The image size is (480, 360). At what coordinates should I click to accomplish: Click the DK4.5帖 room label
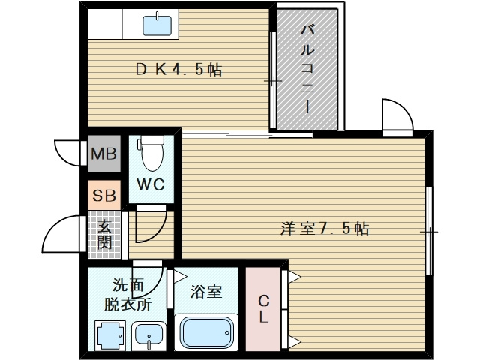point(178,70)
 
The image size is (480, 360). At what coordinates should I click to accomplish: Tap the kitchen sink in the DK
point(157,25)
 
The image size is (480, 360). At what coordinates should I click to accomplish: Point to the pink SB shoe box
point(103,196)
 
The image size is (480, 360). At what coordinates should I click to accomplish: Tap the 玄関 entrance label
point(103,233)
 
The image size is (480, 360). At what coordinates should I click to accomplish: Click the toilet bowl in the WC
point(151,154)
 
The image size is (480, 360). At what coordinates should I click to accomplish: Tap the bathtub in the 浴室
point(208,331)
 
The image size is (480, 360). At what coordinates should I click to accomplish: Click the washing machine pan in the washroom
point(109,335)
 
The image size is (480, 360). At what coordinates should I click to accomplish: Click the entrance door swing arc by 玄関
point(63,235)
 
